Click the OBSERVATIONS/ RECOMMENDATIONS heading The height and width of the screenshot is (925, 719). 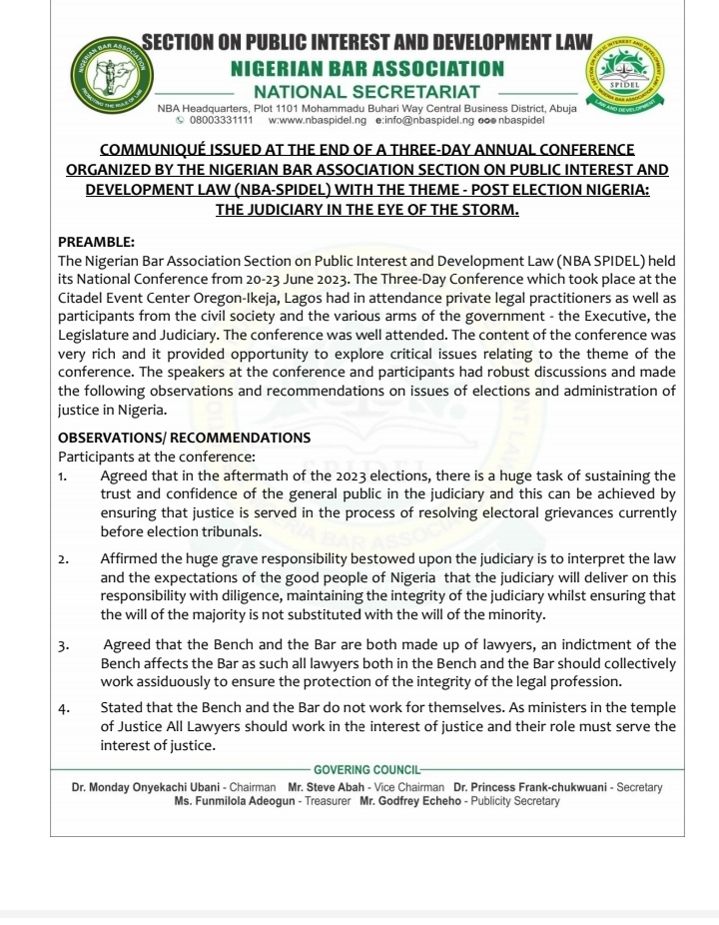tap(184, 438)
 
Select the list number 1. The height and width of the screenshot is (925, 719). tap(63, 476)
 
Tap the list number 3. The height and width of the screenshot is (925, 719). tap(63, 644)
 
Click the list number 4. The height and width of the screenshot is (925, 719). tap(63, 708)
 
